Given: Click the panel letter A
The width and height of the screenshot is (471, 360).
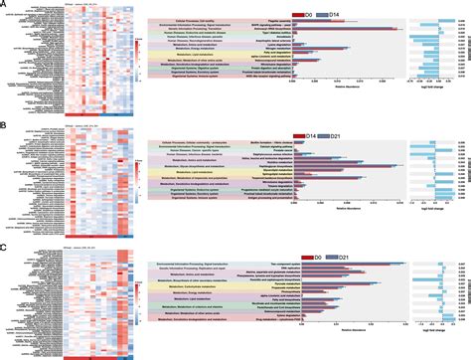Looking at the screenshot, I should (4, 4).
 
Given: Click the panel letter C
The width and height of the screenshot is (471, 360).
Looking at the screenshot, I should (4, 246).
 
